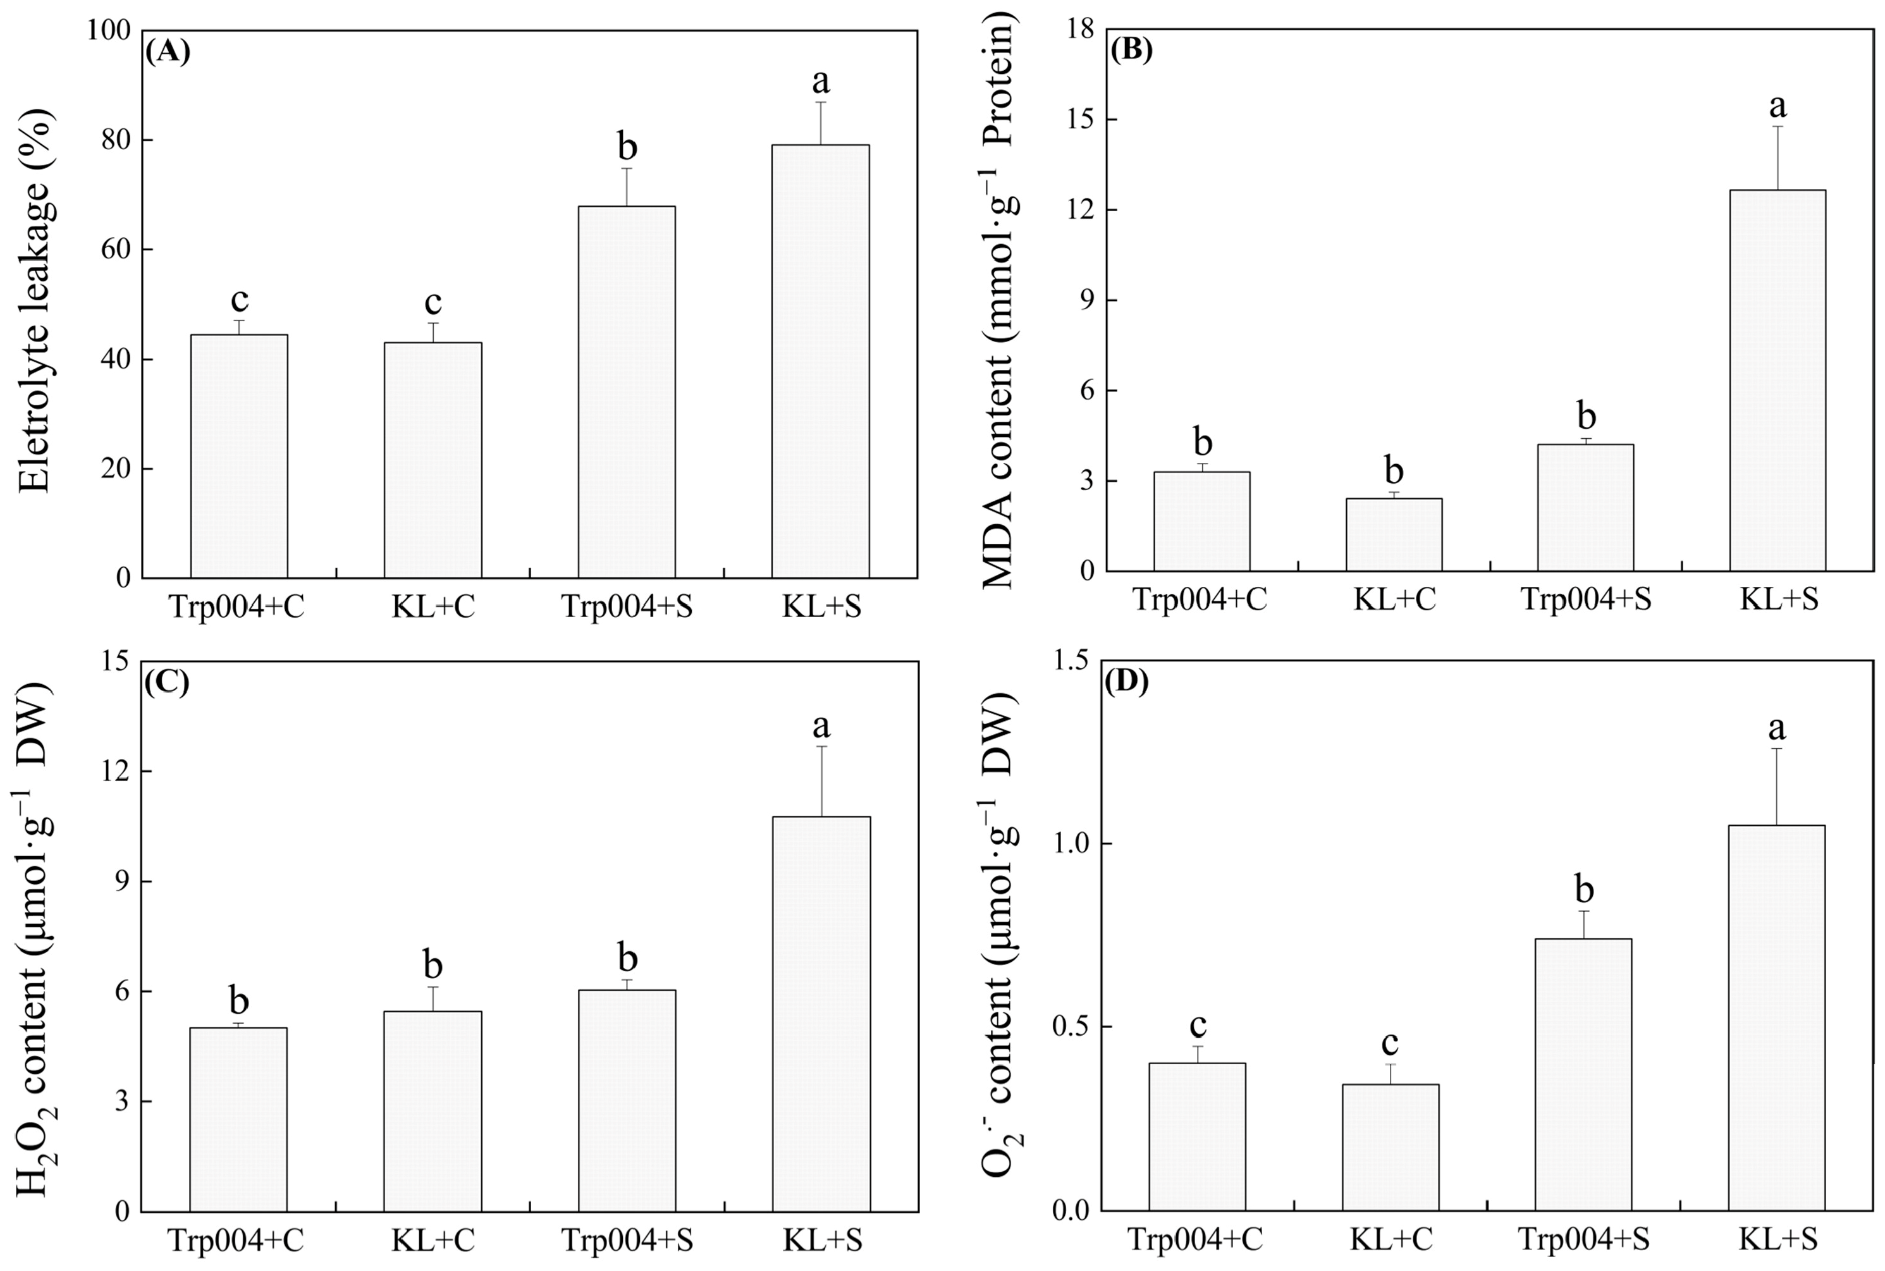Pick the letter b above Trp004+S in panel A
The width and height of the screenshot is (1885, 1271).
click(627, 147)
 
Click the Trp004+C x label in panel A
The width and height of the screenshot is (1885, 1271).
click(238, 608)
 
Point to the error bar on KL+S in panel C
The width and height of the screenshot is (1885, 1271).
click(822, 780)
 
